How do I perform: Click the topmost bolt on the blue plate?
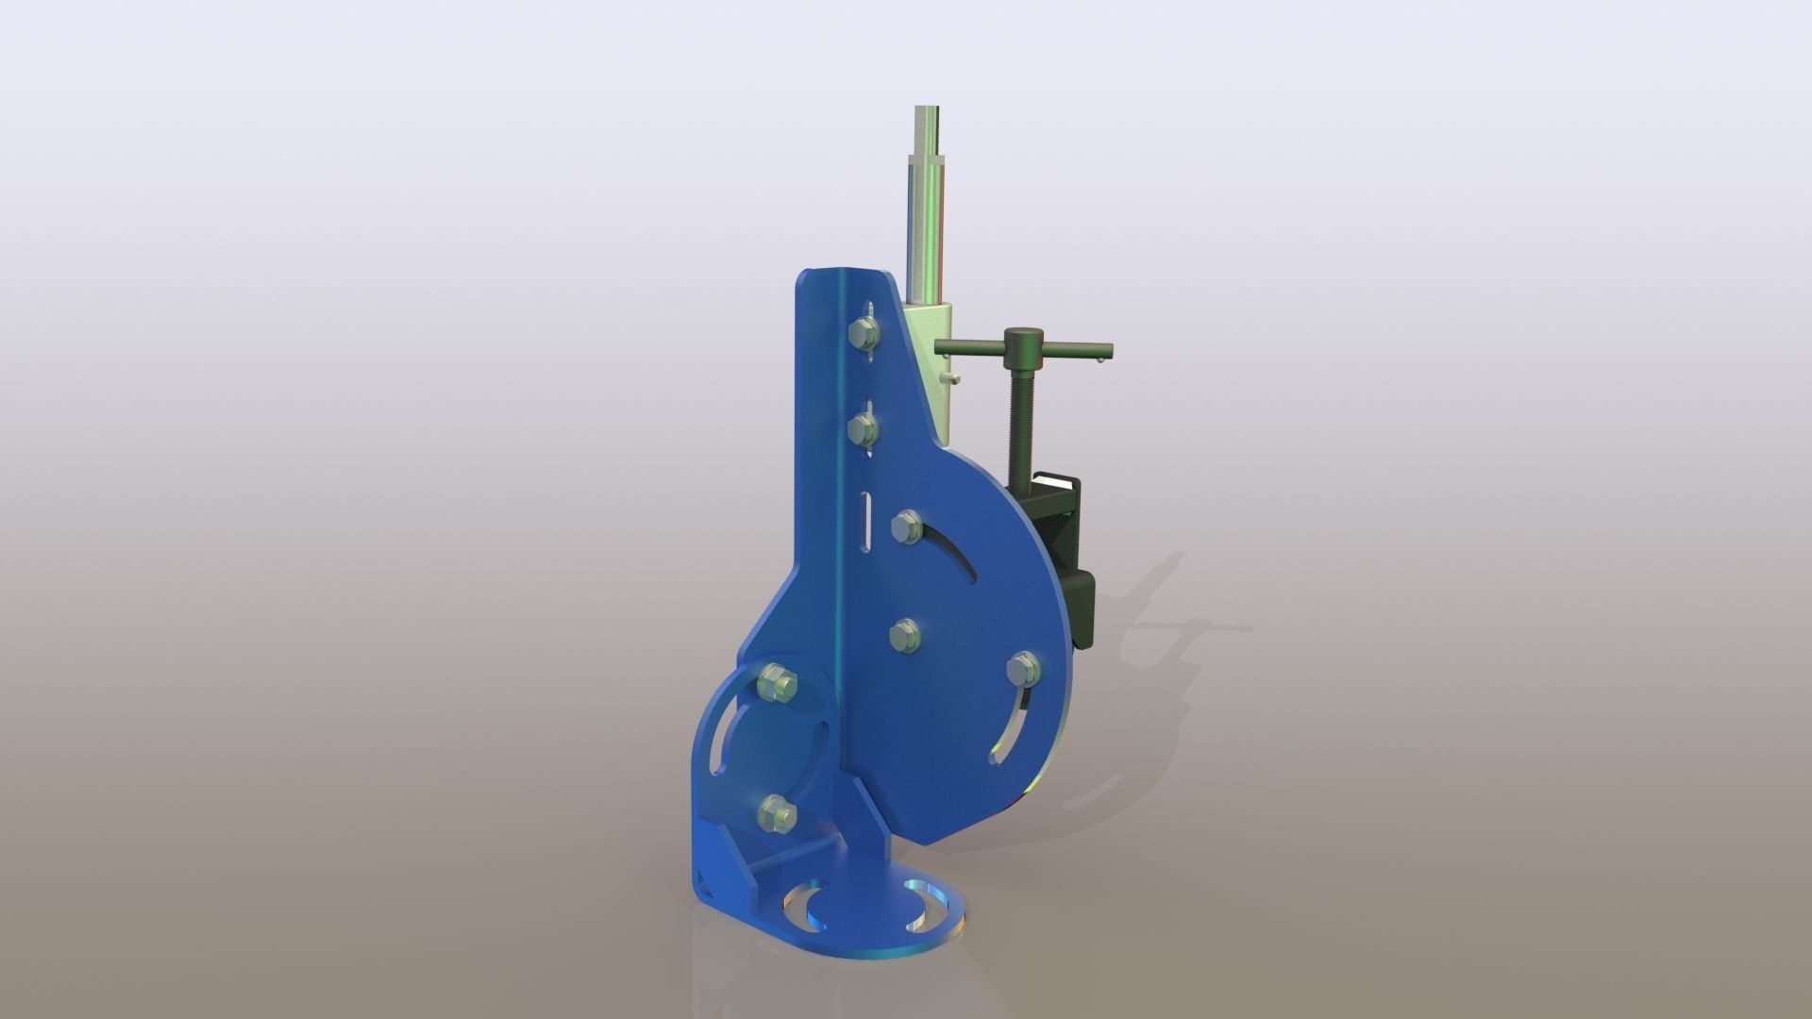203,331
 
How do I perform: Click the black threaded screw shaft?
1021,414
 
